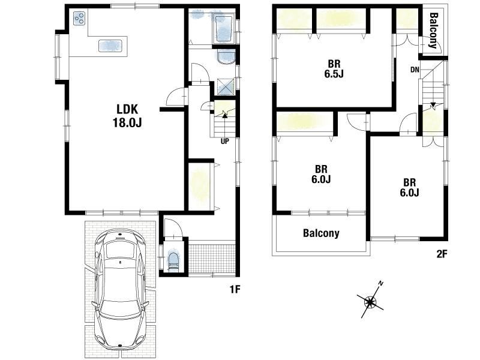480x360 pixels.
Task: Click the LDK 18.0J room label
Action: (x=127, y=116)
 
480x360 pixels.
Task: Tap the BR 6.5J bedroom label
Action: (x=334, y=69)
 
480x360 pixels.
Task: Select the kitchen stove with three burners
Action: (x=79, y=18)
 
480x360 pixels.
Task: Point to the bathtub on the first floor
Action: (x=224, y=29)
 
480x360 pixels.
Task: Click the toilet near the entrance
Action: (x=173, y=261)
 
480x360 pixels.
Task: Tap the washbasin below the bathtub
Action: (x=226, y=56)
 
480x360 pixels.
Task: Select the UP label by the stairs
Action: (x=224, y=142)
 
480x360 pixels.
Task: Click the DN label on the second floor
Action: (x=415, y=70)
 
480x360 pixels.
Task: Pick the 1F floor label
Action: (x=235, y=289)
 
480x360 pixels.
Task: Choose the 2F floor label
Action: (x=442, y=254)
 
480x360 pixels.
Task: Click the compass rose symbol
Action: (x=371, y=302)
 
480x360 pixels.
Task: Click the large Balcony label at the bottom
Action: (x=321, y=233)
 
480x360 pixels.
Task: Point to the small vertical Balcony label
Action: (x=433, y=30)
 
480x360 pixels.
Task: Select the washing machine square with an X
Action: (x=226, y=86)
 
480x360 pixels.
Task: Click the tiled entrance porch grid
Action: (x=212, y=257)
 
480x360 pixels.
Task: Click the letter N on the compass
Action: (x=381, y=283)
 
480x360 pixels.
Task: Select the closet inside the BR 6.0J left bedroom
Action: (x=305, y=123)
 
